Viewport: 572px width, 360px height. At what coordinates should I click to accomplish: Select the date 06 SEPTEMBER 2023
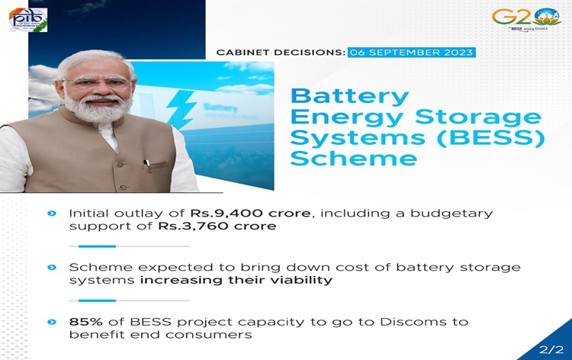point(411,53)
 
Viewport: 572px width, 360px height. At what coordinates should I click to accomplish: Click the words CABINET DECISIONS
point(281,53)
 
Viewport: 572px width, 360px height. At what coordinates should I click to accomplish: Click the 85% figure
point(85,322)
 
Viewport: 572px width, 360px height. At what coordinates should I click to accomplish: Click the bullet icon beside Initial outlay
point(52,214)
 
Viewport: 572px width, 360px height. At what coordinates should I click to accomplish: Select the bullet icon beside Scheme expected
point(52,268)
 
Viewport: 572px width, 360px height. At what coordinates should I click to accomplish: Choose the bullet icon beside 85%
point(52,322)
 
